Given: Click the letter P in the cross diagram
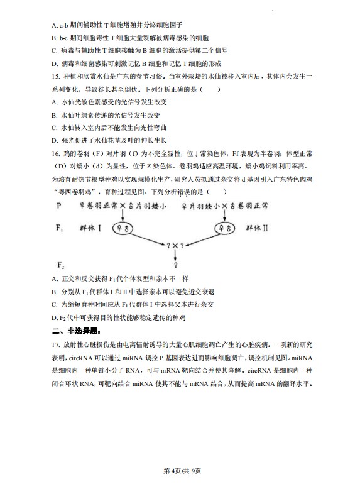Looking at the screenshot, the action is tap(59, 206).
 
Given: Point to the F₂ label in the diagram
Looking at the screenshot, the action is tap(60, 264).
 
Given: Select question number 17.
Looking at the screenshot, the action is tap(57, 345).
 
